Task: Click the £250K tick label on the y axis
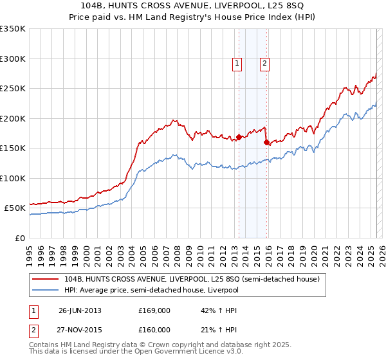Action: [x=13, y=89]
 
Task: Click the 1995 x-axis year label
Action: [x=29, y=251]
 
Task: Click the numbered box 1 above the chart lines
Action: [x=237, y=63]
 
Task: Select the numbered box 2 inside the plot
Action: [x=264, y=63]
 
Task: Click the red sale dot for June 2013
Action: [x=239, y=137]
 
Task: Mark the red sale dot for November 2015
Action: [x=266, y=143]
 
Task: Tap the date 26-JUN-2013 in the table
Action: [x=80, y=310]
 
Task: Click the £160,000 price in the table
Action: [x=154, y=330]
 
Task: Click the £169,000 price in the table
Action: [x=154, y=310]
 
